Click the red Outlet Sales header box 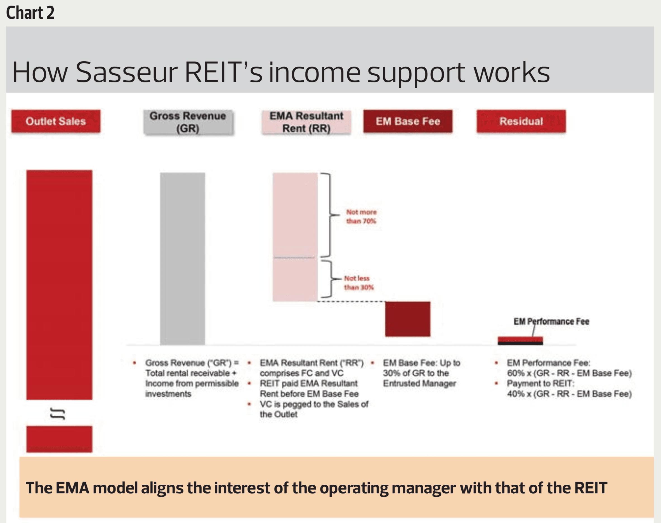[x=56, y=121]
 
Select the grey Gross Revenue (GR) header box [x=188, y=122]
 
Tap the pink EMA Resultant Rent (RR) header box [x=306, y=122]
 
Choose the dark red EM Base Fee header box [x=408, y=121]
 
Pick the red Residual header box [x=521, y=121]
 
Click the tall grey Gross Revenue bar [x=183, y=259]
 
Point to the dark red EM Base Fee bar [x=407, y=319]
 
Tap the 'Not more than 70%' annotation [x=361, y=216]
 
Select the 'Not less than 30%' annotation [x=359, y=283]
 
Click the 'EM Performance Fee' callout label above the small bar [x=551, y=322]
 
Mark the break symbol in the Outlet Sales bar [x=58, y=414]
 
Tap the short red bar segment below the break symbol [x=59, y=439]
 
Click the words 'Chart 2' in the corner [x=30, y=13]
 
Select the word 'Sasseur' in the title [x=126, y=72]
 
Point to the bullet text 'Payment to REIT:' [x=541, y=383]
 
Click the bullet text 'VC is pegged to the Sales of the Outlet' [x=314, y=409]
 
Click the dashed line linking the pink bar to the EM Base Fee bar [x=351, y=301]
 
